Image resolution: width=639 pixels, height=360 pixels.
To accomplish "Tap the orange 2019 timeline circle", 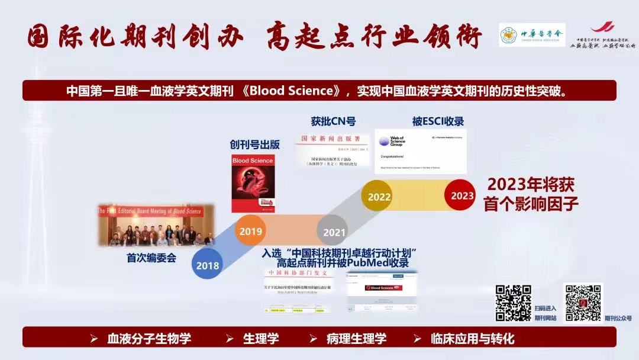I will [x=251, y=230].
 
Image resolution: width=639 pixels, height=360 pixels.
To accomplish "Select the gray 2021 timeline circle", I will [x=333, y=231].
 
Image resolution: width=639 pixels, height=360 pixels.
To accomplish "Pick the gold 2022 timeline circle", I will [x=379, y=196].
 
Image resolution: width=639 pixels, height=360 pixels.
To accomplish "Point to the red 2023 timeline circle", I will [x=462, y=195].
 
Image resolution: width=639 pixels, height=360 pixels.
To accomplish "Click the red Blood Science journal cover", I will [x=253, y=182].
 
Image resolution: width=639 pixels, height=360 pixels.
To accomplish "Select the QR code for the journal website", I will [x=513, y=303].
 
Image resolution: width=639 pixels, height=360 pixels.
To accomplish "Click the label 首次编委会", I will [x=151, y=258].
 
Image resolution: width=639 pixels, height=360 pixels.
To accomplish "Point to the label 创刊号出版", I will [x=254, y=144].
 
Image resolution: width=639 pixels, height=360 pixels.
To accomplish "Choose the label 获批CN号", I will [x=333, y=121].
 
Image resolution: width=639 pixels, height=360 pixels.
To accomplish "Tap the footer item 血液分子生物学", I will [x=149, y=339].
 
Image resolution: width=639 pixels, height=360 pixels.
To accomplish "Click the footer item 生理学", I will [x=261, y=339].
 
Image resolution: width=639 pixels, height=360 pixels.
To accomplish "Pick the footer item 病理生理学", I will [x=356, y=339].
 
